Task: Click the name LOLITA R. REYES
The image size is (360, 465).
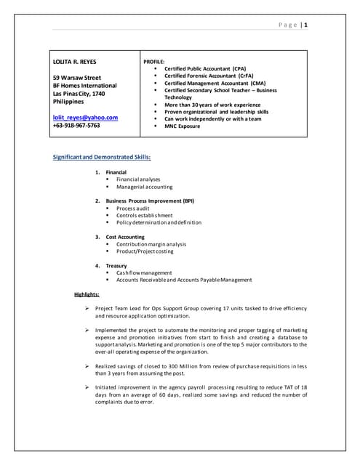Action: point(75,62)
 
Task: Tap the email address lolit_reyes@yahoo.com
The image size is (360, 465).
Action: point(85,117)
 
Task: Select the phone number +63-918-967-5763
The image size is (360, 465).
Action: point(76,125)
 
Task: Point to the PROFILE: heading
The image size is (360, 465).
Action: point(154,62)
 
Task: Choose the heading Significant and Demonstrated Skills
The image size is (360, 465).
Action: point(103,157)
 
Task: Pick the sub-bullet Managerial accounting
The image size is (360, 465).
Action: point(144,187)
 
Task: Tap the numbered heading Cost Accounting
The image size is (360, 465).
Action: point(125,237)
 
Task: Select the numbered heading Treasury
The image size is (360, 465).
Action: point(116,266)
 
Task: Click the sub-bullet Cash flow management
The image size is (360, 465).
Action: point(144,273)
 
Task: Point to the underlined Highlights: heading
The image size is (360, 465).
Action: point(87,294)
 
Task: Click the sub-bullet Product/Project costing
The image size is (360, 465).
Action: point(145,251)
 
